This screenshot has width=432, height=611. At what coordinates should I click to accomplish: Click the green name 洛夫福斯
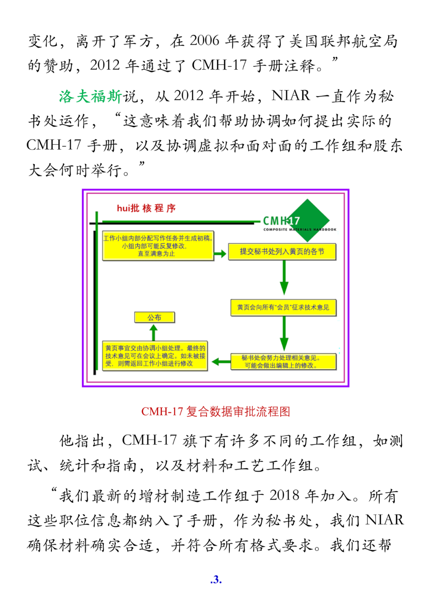[90, 96]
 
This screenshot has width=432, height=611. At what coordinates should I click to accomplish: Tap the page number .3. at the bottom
[216, 579]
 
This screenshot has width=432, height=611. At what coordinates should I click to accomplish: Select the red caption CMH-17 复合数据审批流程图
[216, 411]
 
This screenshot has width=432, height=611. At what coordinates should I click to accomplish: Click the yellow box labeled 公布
[154, 317]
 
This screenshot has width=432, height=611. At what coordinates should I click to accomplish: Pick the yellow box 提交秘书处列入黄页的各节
[282, 252]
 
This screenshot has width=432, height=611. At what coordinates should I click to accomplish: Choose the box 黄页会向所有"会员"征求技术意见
[283, 307]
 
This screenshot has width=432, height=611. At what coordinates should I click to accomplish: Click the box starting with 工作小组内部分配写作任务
[158, 246]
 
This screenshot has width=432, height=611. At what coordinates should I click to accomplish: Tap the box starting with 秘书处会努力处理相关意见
[283, 361]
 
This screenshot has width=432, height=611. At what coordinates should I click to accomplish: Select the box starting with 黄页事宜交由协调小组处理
[155, 356]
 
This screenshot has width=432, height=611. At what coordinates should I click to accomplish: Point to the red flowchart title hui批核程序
[146, 208]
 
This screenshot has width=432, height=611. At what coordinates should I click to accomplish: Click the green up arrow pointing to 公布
[154, 333]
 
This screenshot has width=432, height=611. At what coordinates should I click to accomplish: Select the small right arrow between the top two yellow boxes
[220, 254]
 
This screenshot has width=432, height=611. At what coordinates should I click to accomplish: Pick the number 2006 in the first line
[204, 41]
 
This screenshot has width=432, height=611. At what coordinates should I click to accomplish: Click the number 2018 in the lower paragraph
[284, 495]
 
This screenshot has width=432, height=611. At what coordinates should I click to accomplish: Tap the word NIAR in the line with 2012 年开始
[291, 96]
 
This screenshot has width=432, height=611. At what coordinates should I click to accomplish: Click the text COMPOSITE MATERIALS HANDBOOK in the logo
[300, 230]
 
